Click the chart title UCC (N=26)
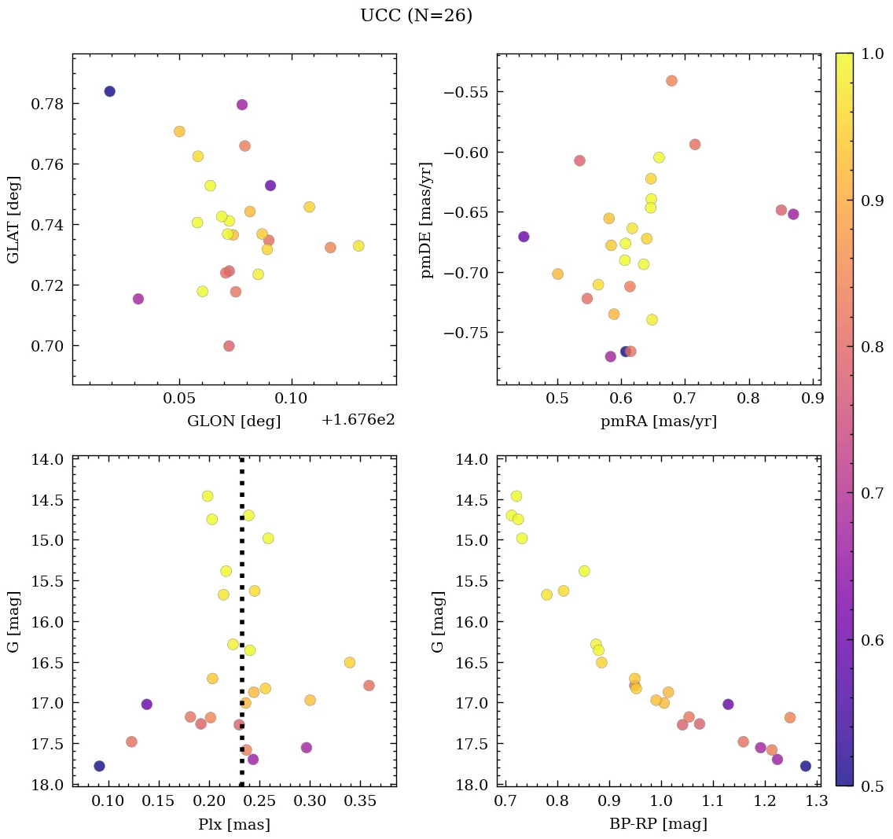[416, 16]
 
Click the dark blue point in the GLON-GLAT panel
[109, 91]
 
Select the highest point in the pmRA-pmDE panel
[671, 80]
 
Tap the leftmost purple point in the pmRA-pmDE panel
[524, 237]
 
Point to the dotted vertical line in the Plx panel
[241, 598]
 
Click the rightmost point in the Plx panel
[369, 686]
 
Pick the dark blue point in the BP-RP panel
[806, 766]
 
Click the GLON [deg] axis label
[233, 421]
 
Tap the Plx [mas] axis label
[233, 824]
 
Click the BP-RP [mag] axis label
[658, 824]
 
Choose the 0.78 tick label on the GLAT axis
[46, 104]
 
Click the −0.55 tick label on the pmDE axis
[466, 92]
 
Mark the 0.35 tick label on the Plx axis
[360, 801]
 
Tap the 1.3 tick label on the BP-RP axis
[816, 801]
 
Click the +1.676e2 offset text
[358, 421]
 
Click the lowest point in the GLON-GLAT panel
[229, 346]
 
